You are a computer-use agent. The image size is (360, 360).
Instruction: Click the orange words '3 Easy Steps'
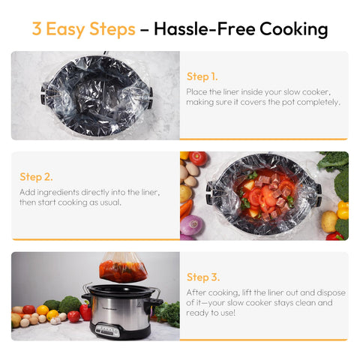tap(83, 29)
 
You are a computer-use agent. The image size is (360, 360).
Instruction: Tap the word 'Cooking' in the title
tap(293, 29)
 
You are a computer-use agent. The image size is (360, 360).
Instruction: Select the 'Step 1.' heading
tap(202, 76)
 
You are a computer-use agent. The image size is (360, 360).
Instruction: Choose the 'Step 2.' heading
tap(36, 177)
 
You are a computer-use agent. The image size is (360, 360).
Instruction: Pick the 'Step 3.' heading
tap(202, 277)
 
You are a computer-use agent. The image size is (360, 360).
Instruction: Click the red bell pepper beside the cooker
tap(85, 311)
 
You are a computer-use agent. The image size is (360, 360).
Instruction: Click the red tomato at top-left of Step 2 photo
tap(198, 158)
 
